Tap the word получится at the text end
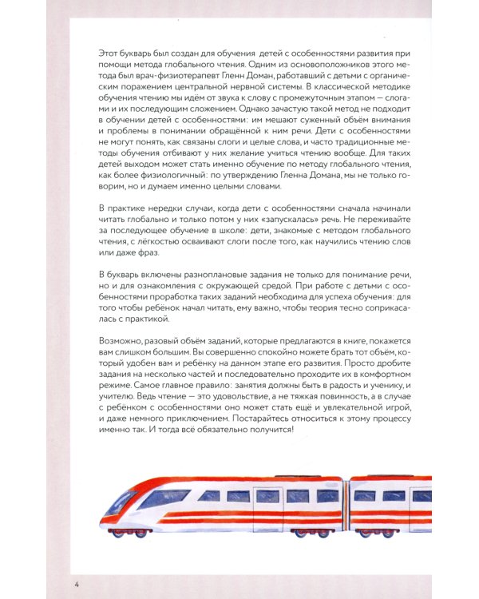pyautogui.click(x=267, y=430)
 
